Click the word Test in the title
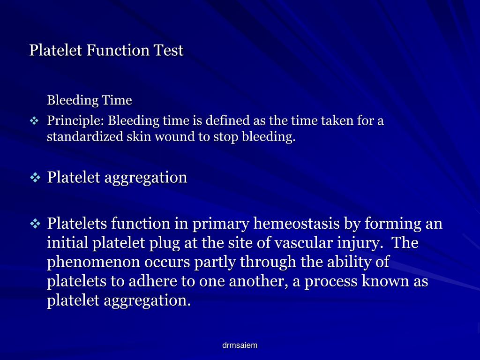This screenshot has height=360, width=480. (x=169, y=50)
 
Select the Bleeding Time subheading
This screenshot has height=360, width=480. (x=90, y=100)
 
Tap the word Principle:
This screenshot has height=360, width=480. (x=76, y=121)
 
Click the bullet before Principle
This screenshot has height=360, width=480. (x=35, y=121)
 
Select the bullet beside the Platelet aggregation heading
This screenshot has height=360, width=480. (x=36, y=178)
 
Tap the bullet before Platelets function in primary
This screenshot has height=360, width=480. (x=36, y=224)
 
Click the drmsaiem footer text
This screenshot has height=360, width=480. (x=240, y=345)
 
